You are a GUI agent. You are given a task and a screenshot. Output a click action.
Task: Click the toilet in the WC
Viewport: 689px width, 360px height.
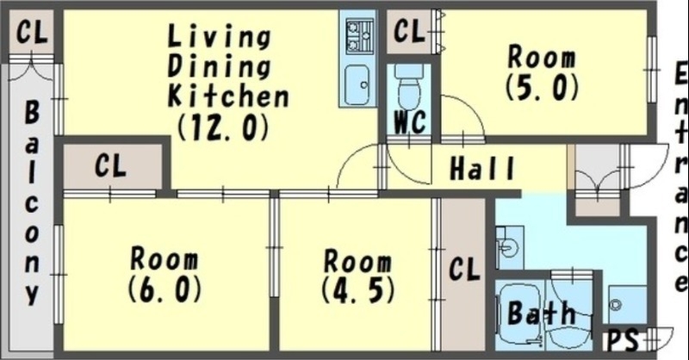point(409,87)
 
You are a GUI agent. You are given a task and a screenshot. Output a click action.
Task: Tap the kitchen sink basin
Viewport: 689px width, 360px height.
point(357,85)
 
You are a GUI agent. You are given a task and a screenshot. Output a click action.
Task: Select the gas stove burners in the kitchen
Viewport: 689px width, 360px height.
point(359,36)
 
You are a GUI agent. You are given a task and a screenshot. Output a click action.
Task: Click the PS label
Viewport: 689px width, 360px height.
point(622,340)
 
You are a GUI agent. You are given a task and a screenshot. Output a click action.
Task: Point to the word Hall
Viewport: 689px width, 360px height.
point(482,168)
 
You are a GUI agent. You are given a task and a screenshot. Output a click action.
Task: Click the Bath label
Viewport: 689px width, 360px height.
point(541,313)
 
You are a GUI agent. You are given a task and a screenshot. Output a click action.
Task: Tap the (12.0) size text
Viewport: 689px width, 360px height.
point(223,127)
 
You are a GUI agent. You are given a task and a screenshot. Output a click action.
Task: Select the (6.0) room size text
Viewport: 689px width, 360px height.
point(164,289)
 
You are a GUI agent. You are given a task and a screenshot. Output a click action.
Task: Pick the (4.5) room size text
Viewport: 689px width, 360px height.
point(357,289)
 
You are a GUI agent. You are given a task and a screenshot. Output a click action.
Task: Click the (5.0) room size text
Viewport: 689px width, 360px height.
point(542,87)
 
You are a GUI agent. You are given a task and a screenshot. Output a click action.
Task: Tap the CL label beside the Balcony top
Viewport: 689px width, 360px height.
point(32,31)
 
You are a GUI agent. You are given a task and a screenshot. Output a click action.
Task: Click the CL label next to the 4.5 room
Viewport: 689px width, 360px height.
point(464,269)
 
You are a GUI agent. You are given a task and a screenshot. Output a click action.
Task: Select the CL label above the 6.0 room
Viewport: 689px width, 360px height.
point(111,165)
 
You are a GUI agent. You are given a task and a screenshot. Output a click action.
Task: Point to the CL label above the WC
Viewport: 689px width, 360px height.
point(409,31)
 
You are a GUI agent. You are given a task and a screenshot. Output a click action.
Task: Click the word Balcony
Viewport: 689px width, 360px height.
point(32,202)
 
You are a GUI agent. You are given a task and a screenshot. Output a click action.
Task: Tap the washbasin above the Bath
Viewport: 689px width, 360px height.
point(509,247)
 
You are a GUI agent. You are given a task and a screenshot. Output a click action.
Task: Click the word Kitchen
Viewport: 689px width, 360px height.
point(228,96)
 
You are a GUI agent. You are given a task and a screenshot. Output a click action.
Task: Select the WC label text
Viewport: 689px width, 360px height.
point(410,121)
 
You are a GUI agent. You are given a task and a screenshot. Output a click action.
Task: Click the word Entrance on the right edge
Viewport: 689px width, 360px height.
point(680,177)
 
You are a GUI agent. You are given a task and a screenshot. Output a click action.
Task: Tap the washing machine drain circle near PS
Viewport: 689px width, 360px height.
point(616,304)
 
